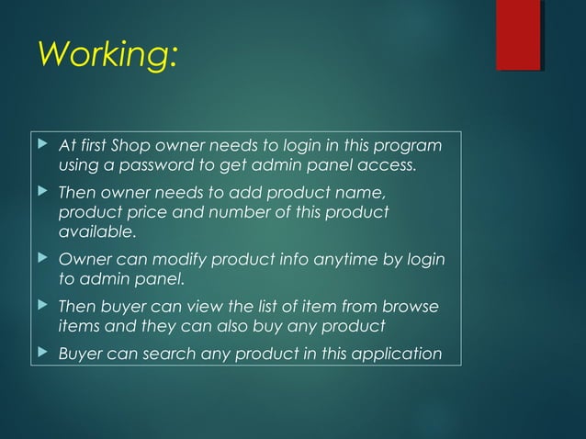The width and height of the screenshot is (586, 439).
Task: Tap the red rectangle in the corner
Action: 517,35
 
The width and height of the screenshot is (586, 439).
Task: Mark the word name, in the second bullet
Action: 348,194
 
